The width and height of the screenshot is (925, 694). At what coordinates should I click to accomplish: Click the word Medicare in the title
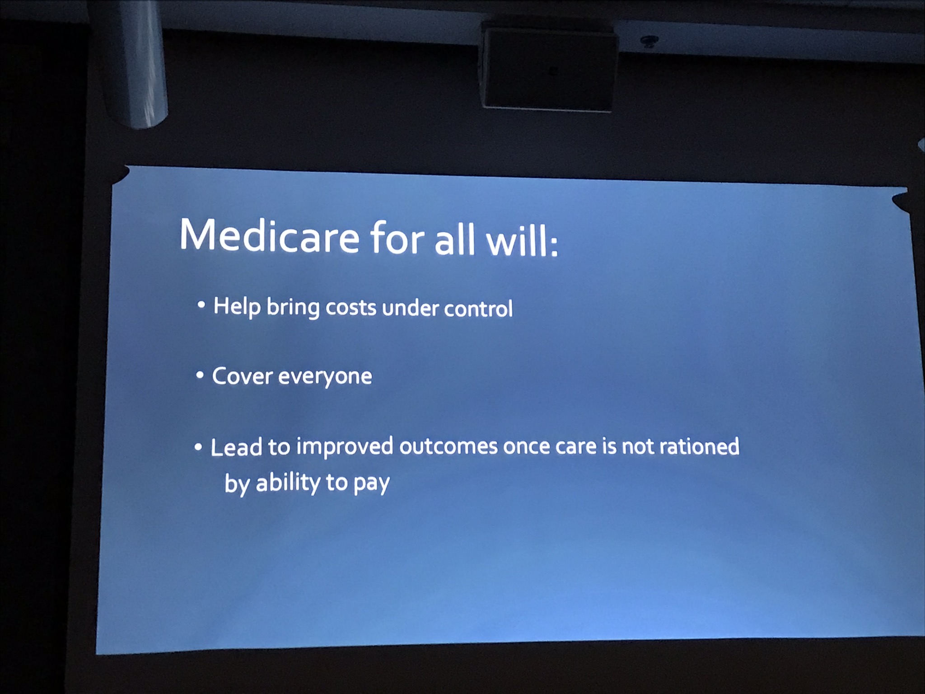coord(270,236)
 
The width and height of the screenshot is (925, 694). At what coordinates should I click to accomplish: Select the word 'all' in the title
coord(455,239)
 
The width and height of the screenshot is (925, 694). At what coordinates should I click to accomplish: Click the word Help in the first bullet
coord(237,307)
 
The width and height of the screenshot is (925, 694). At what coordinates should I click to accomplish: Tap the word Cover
coord(243,376)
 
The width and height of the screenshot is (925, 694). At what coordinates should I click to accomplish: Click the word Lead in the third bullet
coord(236,447)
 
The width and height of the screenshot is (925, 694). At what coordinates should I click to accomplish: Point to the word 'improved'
coord(345,447)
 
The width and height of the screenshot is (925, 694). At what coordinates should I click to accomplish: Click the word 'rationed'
coord(699,446)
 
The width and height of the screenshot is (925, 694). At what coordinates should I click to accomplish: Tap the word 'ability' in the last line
coord(288,483)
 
